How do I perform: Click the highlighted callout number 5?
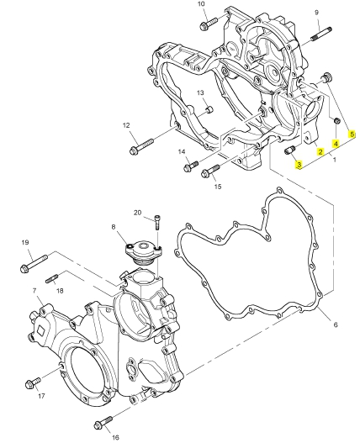tap(352, 134)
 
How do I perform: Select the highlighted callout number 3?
tap(299, 165)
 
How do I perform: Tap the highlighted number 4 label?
tap(336, 144)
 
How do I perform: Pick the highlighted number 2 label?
tap(320, 152)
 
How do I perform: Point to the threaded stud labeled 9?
tap(321, 34)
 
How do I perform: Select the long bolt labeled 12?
tap(141, 146)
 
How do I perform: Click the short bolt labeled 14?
tap(191, 166)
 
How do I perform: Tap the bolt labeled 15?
tap(210, 171)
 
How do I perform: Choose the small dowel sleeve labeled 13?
tap(209, 109)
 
